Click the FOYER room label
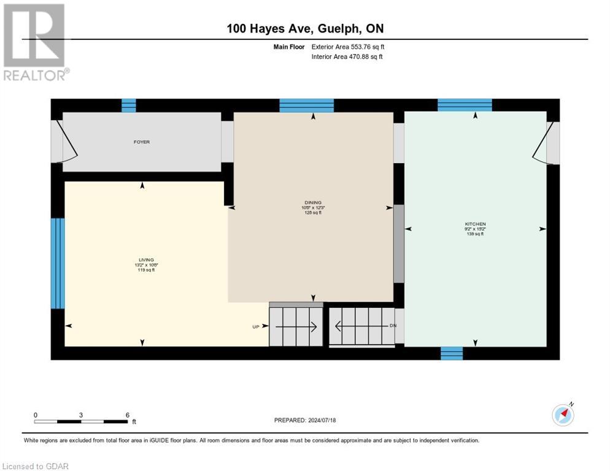[142, 142]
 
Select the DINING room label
[313, 202]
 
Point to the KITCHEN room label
[475, 224]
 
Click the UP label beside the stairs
[257, 327]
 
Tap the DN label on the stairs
[393, 326]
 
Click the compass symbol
[563, 415]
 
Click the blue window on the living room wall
[57, 263]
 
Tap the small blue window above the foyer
[128, 105]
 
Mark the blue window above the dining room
[306, 105]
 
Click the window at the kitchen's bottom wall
[452, 353]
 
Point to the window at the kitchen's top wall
[465, 105]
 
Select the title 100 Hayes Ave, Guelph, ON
[306, 28]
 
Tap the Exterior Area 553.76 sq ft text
[348, 47]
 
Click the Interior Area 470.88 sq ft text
[347, 57]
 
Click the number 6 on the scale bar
[127, 415]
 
